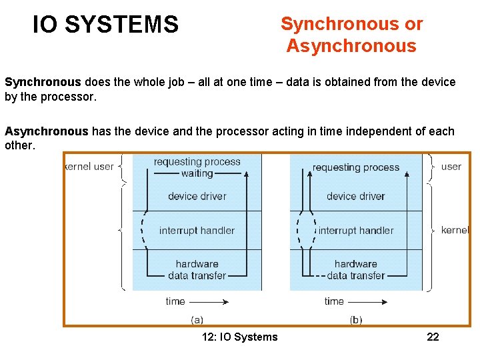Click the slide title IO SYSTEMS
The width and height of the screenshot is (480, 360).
point(106,25)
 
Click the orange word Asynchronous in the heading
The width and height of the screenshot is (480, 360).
point(351,47)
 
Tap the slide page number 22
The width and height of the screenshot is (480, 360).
point(433,337)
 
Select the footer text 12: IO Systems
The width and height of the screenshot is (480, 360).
point(239,337)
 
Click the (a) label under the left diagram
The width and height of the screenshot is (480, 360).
point(197,319)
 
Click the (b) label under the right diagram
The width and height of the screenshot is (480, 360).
point(356,319)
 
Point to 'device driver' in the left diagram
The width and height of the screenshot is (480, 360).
point(197,196)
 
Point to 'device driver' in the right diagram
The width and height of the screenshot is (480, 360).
point(355,196)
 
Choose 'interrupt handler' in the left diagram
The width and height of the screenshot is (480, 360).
point(197,231)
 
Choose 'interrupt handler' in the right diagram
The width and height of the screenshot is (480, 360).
point(356,231)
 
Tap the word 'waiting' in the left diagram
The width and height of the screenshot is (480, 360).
point(197,173)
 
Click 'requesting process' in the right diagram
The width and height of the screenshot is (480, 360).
point(355,167)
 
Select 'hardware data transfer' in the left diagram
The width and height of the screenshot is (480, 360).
point(197,269)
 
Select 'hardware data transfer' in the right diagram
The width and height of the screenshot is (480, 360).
point(355,269)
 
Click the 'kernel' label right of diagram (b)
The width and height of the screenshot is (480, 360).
point(455,230)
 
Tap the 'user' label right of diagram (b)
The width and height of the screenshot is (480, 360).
point(451,166)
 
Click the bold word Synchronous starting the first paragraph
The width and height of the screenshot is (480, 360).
point(43,83)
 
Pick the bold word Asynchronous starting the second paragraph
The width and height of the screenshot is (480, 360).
point(47,131)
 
